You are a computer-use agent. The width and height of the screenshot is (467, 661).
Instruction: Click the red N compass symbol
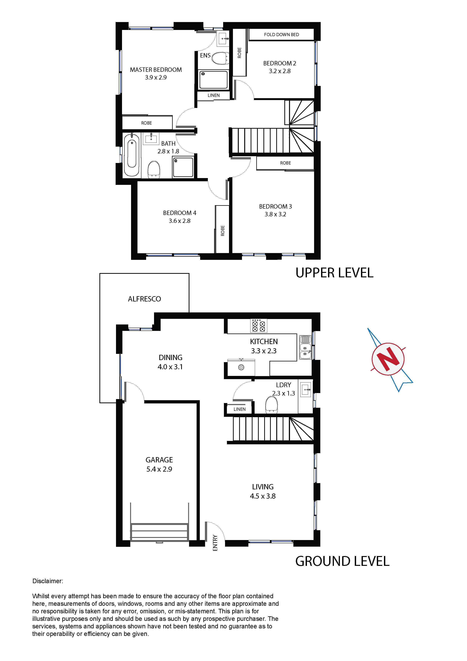click(388, 359)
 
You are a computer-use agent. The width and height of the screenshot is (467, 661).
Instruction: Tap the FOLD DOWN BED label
click(281, 34)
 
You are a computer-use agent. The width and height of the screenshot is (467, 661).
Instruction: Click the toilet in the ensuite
click(220, 58)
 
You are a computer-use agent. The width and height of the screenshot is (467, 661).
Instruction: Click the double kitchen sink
click(305, 347)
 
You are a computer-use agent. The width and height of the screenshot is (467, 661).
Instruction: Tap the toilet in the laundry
click(272, 405)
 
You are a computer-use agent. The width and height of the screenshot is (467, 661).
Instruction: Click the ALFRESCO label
click(144, 299)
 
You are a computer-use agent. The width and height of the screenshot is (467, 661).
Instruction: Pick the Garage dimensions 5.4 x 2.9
click(159, 469)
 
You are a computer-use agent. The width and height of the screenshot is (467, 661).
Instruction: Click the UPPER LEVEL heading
click(334, 273)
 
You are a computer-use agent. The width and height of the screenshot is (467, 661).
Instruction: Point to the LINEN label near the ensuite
click(214, 95)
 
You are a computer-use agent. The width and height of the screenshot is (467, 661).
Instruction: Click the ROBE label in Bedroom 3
click(285, 163)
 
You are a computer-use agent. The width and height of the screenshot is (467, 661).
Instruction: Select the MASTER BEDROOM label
click(156, 70)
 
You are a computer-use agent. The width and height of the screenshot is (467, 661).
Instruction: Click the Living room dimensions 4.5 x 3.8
click(263, 496)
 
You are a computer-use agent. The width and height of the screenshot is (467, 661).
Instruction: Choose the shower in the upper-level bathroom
click(183, 167)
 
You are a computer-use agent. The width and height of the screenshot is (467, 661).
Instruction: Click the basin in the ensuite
click(224, 38)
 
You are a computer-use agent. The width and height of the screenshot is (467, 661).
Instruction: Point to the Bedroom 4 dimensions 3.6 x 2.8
click(179, 221)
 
